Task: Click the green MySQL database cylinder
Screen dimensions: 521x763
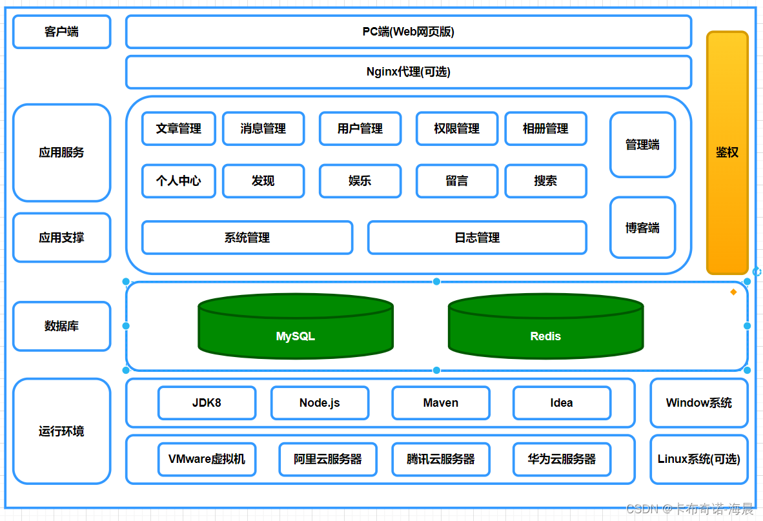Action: (295, 327)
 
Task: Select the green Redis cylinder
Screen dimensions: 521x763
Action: (545, 327)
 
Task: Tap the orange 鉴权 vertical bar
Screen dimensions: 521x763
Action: (727, 152)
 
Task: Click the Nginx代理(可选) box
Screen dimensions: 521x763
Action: (408, 72)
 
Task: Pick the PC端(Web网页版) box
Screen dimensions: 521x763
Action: (408, 32)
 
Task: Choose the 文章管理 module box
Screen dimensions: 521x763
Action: (178, 128)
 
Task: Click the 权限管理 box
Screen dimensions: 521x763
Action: (456, 128)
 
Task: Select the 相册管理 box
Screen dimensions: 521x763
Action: (545, 128)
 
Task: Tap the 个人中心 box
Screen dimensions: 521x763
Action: (178, 181)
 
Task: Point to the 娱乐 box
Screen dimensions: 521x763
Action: (360, 181)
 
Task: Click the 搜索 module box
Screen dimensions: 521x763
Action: (545, 181)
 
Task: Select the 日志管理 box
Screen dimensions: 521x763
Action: (477, 238)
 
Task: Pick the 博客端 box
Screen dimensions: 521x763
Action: (642, 228)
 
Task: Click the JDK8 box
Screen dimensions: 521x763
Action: (207, 403)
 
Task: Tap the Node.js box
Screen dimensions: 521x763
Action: (320, 403)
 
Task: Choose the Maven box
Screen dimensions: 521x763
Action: (440, 403)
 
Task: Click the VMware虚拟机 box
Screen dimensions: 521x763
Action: (207, 459)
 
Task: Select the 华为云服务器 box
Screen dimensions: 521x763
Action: (562, 459)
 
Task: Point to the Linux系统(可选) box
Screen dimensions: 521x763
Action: (698, 459)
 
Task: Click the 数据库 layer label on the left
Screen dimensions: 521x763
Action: (61, 326)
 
